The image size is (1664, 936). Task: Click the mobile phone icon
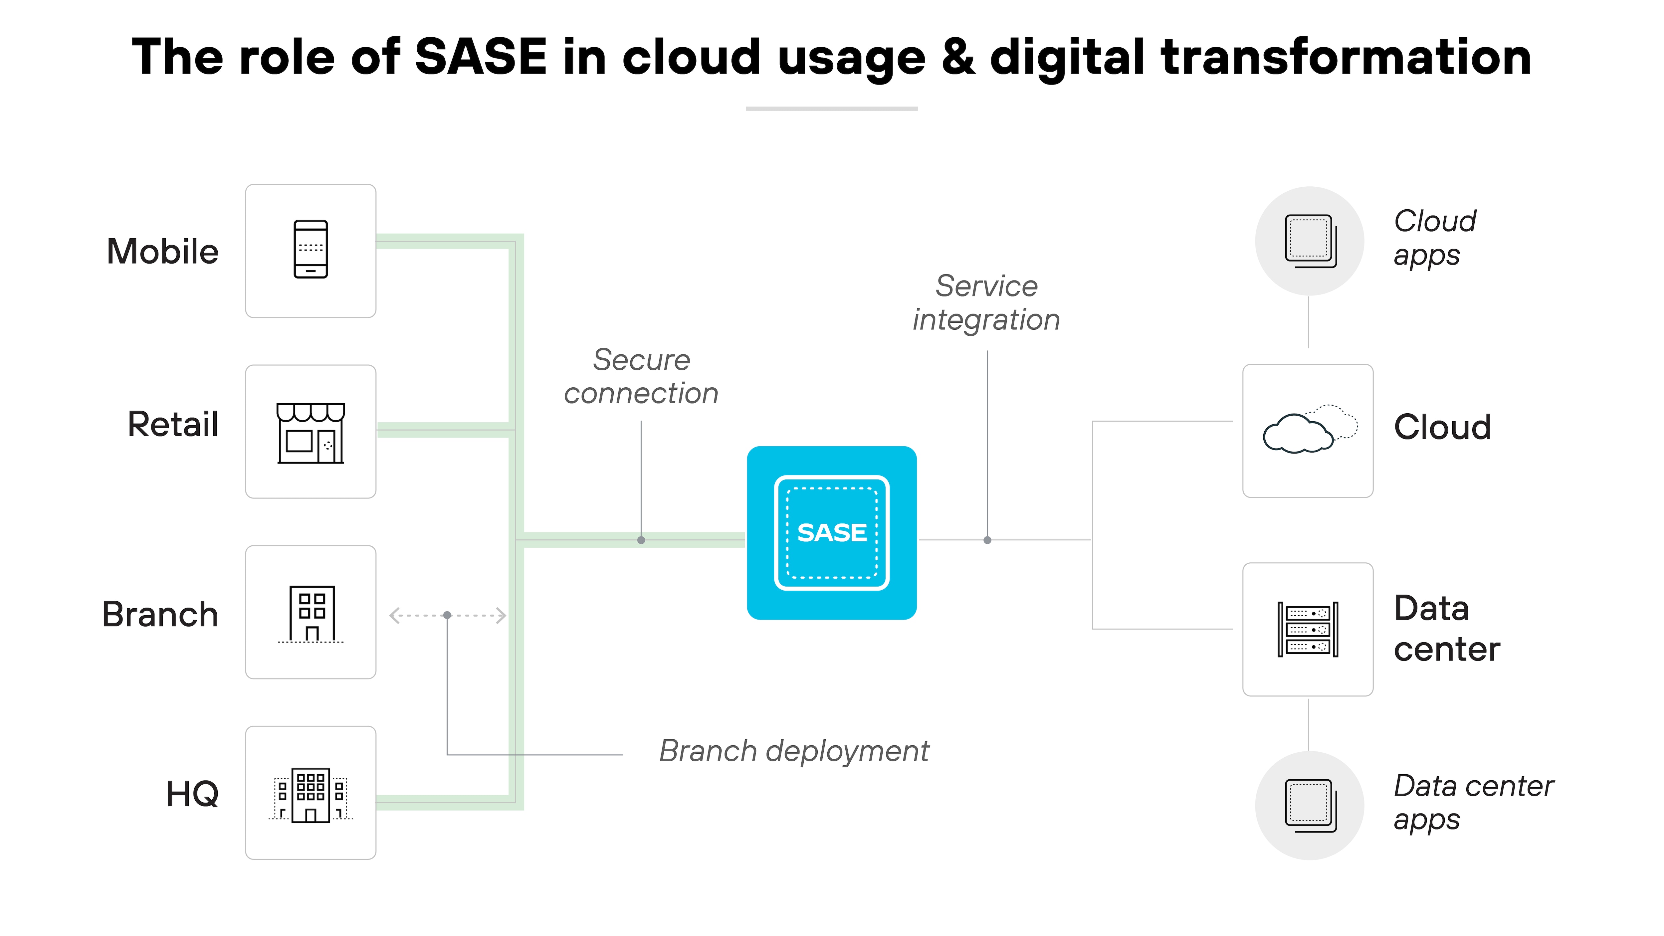[311, 249]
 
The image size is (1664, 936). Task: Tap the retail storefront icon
[311, 433]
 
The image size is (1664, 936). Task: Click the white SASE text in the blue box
[831, 533]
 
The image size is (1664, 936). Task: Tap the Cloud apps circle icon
[1309, 241]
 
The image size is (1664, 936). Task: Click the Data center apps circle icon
[1309, 806]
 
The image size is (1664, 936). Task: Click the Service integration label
[986, 303]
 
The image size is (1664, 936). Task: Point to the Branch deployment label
[794, 751]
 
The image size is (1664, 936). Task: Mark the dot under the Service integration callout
[987, 540]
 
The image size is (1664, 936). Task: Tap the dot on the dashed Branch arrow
[447, 615]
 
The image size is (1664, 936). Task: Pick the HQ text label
[192, 794]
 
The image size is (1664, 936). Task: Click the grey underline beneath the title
[831, 108]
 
